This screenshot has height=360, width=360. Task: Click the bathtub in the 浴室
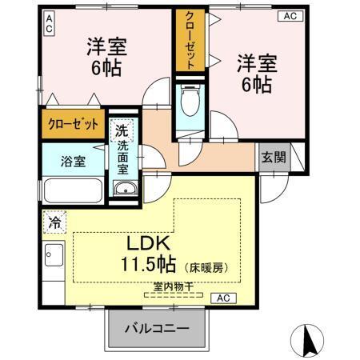(x=72, y=192)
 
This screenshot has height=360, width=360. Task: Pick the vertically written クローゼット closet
(x=190, y=40)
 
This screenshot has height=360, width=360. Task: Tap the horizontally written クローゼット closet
(x=72, y=124)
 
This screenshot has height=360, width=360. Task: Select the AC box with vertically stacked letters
(x=49, y=22)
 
